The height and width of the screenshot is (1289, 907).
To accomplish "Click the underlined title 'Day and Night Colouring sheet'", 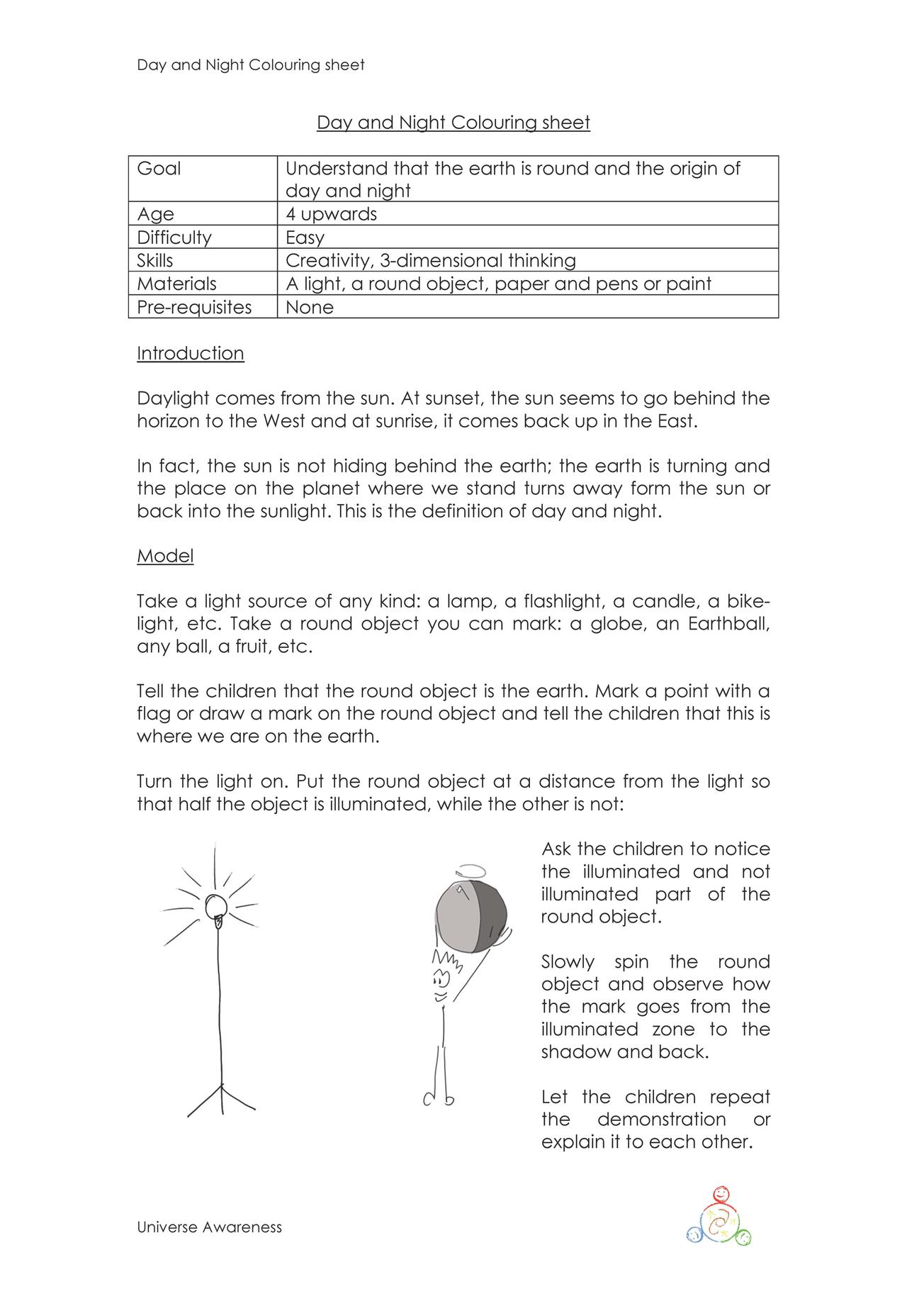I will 453,123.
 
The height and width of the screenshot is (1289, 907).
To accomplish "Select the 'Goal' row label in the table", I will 159,169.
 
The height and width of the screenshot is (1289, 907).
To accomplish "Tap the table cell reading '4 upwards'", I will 331,214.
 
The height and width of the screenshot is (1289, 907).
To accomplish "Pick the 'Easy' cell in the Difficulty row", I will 305,238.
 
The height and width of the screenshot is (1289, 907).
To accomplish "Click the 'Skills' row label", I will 154,260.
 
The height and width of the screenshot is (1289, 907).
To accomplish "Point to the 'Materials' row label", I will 176,284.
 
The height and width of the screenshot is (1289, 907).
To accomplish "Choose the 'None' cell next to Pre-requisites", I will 310,307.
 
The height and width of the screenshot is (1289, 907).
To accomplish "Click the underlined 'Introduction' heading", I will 190,353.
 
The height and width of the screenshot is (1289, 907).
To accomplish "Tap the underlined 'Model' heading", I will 165,556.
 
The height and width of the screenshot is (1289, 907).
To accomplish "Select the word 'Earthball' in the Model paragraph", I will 728,625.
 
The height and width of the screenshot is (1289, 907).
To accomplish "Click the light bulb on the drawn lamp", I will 215,906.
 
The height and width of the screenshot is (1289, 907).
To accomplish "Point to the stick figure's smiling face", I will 441,983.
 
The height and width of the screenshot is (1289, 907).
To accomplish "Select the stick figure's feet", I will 439,1099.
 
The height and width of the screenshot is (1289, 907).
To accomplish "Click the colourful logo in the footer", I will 719,1216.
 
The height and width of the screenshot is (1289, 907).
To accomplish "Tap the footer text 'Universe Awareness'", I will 209,1227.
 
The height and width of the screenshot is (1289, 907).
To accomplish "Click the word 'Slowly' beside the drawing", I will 568,962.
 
